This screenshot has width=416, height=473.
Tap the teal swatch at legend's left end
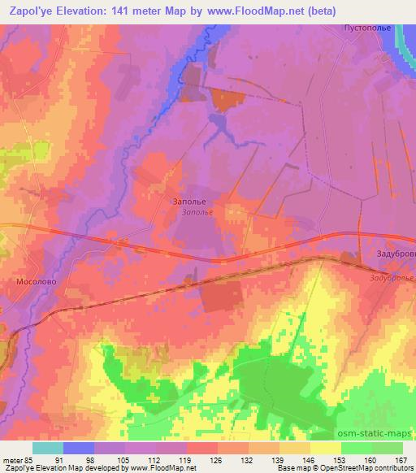coord(48,448)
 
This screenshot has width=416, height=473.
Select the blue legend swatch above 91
coord(79,448)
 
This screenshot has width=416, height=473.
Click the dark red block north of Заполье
coord(227,101)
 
